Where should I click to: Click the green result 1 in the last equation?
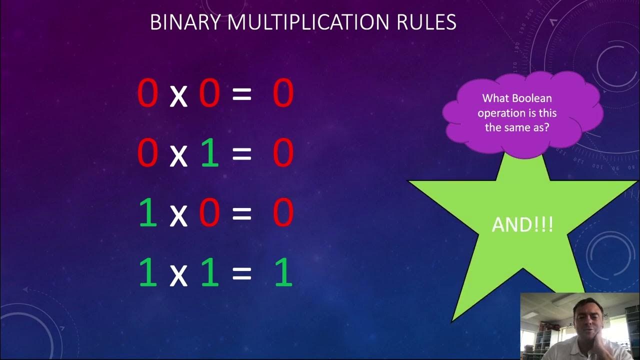(x=283, y=273)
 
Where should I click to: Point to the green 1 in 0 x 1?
(x=210, y=153)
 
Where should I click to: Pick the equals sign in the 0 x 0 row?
(x=241, y=94)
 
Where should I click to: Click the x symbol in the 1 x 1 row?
(x=178, y=275)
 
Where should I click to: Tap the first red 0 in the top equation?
(x=148, y=93)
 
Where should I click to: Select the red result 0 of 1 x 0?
(x=283, y=213)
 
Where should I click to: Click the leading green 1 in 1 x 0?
(x=148, y=213)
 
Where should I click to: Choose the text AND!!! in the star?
(x=522, y=224)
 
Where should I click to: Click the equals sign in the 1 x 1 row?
(x=241, y=274)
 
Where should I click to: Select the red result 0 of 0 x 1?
(x=283, y=153)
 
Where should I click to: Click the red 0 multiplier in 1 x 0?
(x=209, y=213)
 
